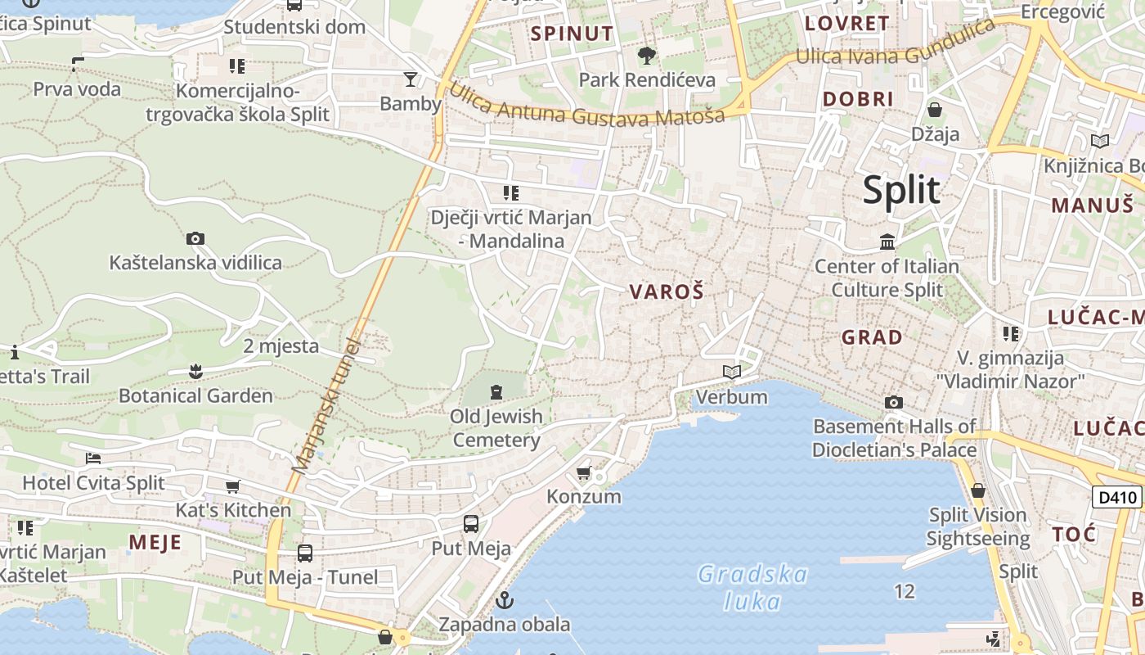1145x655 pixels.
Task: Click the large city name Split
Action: point(901,190)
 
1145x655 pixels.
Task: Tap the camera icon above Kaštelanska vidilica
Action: point(195,239)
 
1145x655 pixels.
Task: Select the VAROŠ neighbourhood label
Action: point(667,291)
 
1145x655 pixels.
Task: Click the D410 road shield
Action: point(1117,497)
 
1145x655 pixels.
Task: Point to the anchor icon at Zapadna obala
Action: point(505,600)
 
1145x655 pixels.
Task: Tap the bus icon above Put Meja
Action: point(471,524)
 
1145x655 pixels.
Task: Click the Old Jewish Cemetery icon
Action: point(496,392)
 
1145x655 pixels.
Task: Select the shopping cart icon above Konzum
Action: point(584,472)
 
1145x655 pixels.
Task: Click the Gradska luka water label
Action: point(753,588)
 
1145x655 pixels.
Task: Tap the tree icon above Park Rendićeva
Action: point(647,56)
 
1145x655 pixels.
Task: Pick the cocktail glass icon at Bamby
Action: point(411,79)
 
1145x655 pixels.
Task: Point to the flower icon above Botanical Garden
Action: point(195,372)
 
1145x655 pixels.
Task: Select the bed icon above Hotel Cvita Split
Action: point(93,458)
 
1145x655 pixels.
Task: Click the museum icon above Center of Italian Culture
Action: point(887,242)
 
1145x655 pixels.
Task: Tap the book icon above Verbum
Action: point(732,373)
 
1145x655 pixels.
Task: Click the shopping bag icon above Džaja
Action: point(935,110)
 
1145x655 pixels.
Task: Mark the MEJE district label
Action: point(155,542)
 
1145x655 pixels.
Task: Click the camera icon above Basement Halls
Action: point(894,402)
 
